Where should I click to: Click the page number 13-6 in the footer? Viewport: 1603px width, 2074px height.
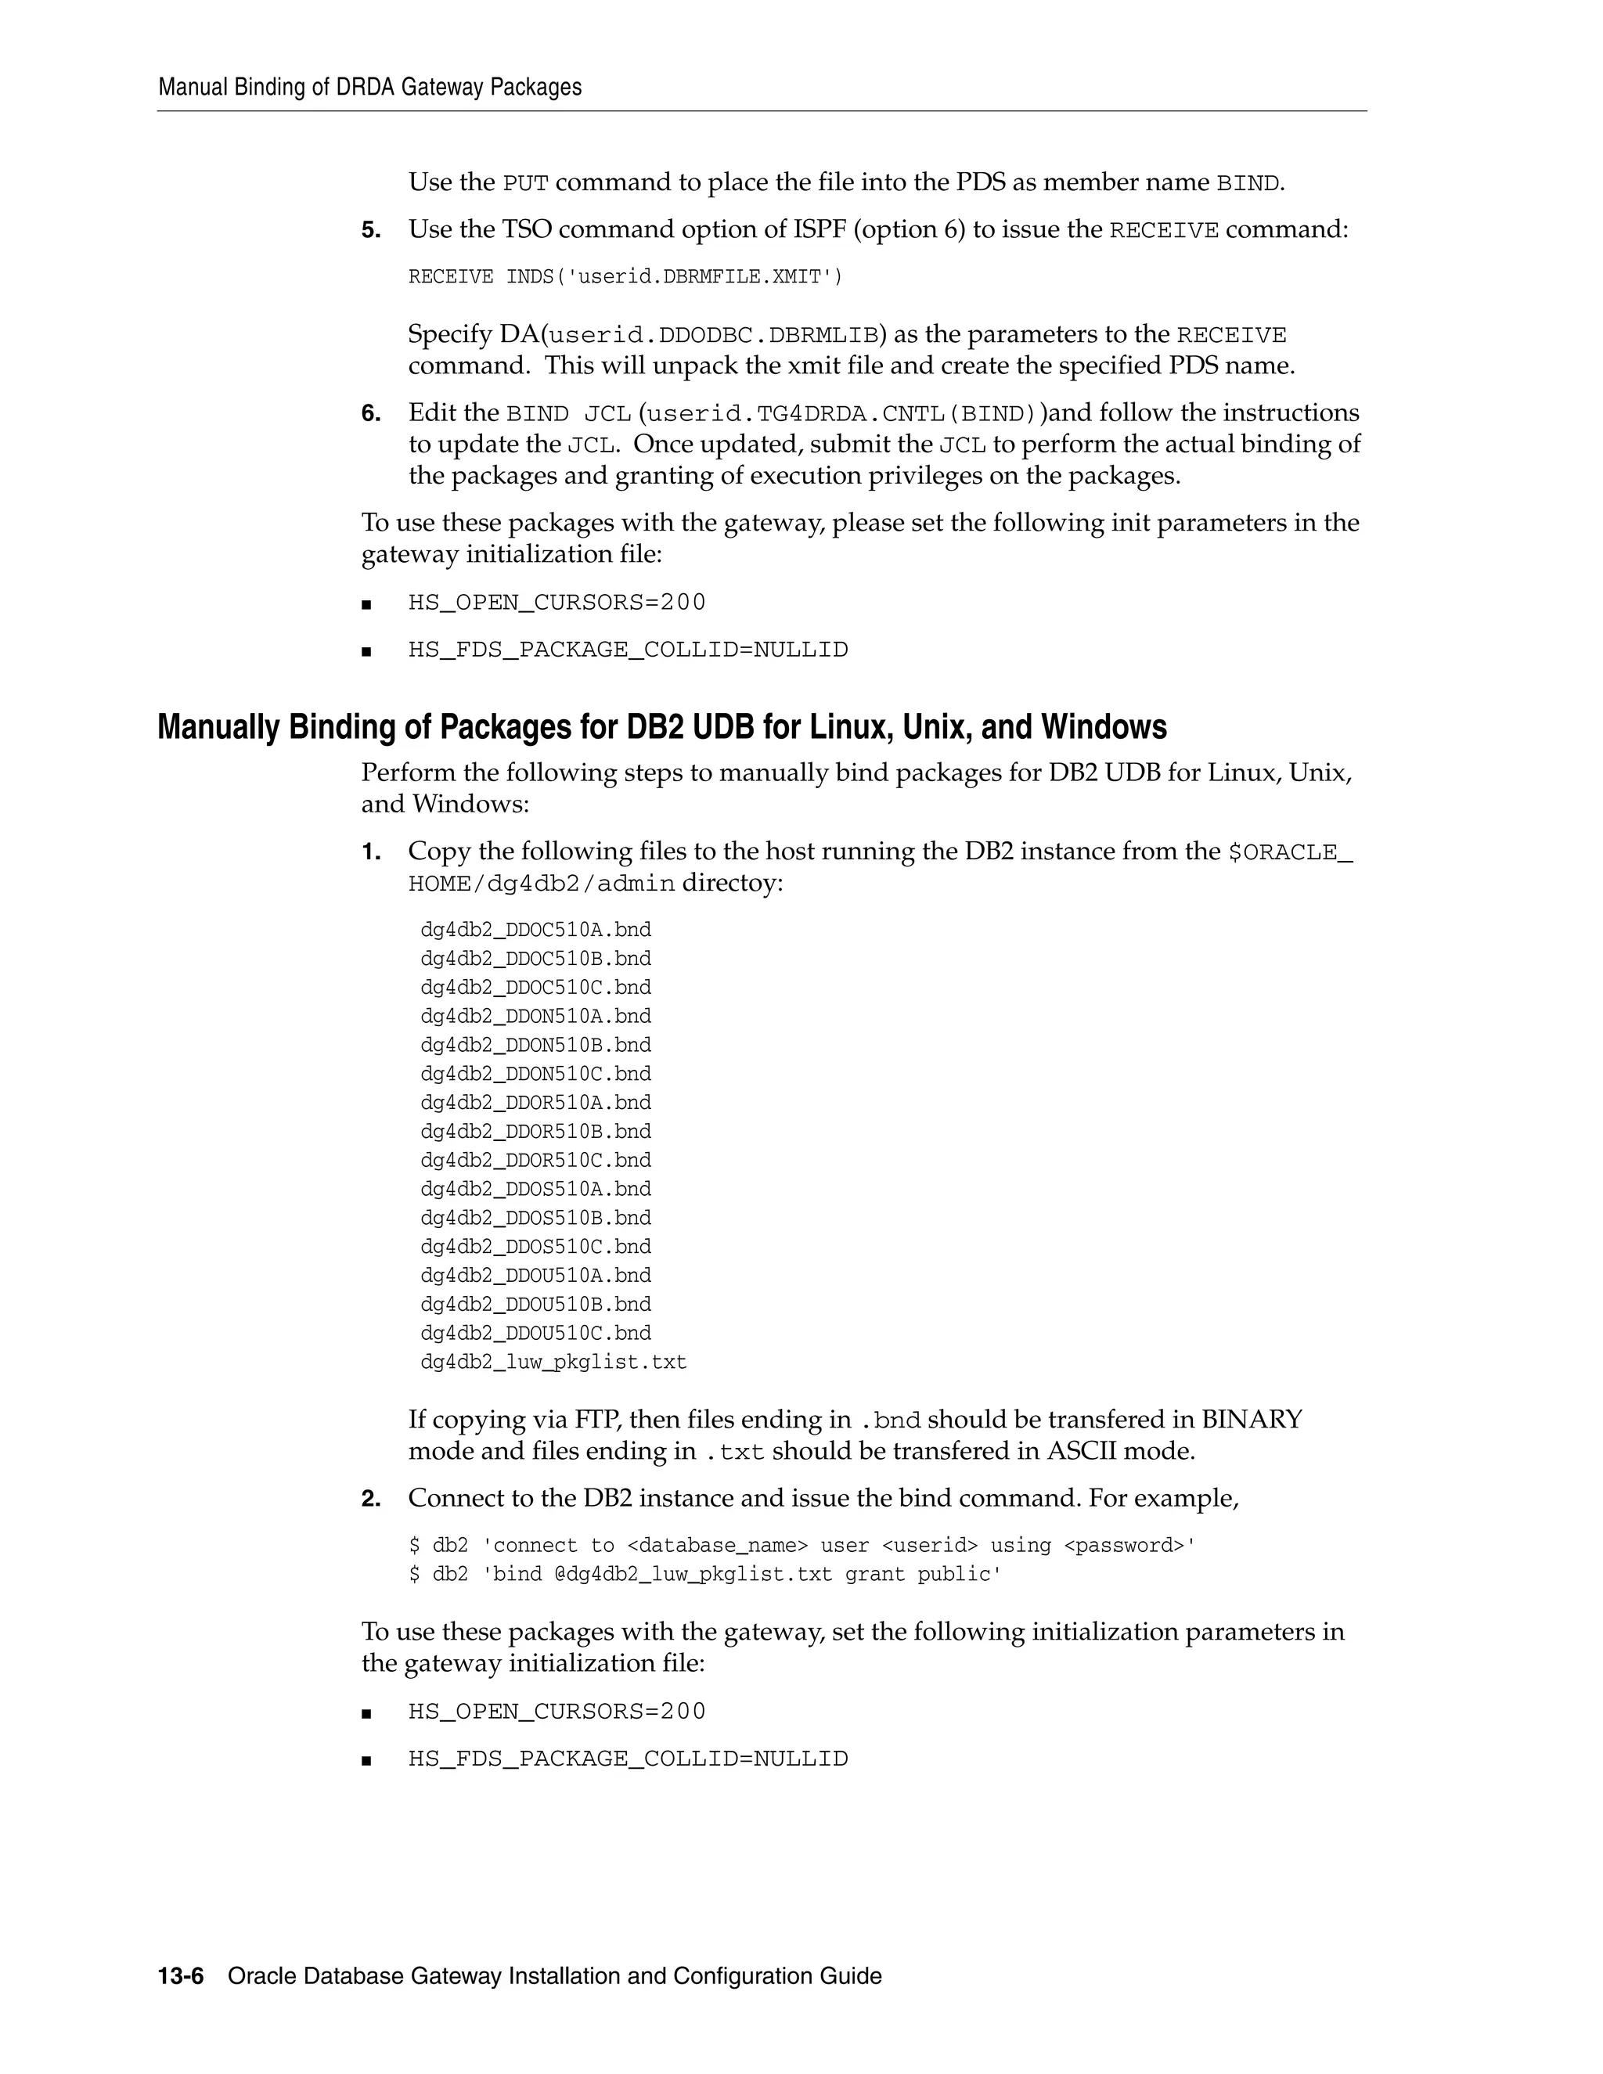pos(181,1976)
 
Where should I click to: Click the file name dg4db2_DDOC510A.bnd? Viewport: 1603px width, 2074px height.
pos(535,930)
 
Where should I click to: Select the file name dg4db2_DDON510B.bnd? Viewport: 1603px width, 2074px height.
pos(535,1045)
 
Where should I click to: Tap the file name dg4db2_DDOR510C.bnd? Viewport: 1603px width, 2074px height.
pos(535,1160)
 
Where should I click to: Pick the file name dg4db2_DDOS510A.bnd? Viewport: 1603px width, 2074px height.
pos(535,1189)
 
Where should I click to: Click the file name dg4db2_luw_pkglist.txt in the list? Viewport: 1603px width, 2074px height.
pos(553,1362)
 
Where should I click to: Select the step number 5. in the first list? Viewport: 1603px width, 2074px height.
pos(370,230)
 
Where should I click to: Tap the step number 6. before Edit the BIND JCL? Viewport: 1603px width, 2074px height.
pos(370,413)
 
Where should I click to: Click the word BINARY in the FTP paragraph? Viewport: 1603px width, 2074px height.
pos(1252,1419)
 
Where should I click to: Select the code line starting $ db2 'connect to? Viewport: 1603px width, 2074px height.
pos(801,1545)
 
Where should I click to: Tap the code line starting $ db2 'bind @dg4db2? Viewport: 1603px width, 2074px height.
pos(704,1574)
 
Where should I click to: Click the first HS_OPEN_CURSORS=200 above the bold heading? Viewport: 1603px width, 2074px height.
pos(557,602)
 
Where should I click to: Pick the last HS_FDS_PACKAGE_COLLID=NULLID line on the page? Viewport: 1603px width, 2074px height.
pos(628,1758)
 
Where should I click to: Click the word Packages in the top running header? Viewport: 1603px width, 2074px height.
pos(536,88)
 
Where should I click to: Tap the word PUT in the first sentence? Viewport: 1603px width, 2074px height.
pos(525,182)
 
